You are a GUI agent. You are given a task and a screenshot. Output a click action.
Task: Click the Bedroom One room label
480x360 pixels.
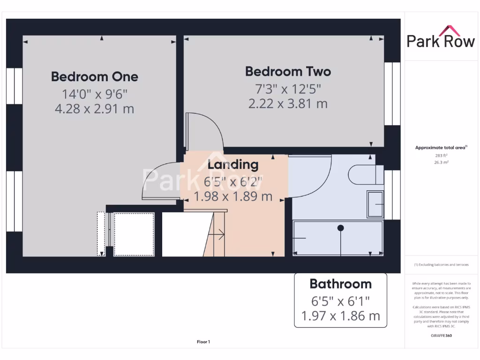click(94, 76)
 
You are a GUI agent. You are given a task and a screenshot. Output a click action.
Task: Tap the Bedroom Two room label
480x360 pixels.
click(288, 71)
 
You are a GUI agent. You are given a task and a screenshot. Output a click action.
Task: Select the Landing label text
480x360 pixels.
click(233, 165)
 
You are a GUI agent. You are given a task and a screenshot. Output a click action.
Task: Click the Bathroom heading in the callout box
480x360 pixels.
click(340, 284)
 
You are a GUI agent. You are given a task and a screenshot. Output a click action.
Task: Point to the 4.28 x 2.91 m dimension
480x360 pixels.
click(94, 109)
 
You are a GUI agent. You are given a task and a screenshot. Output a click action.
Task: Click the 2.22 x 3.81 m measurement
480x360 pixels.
click(288, 103)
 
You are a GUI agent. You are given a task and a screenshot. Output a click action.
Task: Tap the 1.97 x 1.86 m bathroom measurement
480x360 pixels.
click(340, 315)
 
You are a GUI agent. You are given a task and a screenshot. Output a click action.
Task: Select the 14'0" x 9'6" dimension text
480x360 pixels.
click(94, 94)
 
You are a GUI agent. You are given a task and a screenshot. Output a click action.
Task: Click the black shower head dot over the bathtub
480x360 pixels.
click(341, 228)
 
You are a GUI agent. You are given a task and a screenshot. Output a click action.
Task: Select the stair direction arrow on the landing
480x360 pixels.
click(218, 233)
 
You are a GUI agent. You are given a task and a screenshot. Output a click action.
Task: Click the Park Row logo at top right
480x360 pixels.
click(441, 37)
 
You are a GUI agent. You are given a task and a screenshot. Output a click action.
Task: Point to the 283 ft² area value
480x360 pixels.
click(441, 155)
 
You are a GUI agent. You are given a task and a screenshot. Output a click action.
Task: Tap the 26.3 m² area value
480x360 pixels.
click(441, 162)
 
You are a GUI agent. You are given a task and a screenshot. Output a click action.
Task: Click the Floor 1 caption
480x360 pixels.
click(203, 342)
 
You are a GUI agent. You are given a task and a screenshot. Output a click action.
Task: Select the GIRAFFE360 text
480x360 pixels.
click(441, 336)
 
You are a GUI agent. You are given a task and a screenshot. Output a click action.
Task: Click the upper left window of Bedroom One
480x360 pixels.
click(14, 86)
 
